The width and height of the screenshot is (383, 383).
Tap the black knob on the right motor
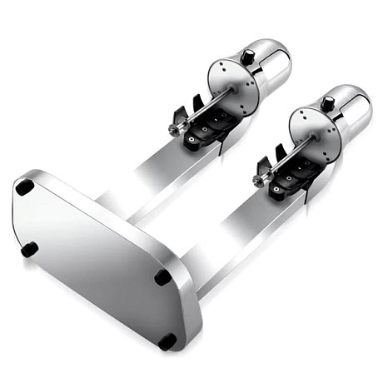(x=327, y=103)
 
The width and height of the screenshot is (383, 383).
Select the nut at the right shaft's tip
(x=261, y=173)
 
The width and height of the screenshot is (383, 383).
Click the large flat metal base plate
(x=100, y=258)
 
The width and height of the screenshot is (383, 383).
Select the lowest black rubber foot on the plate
(x=167, y=341)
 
